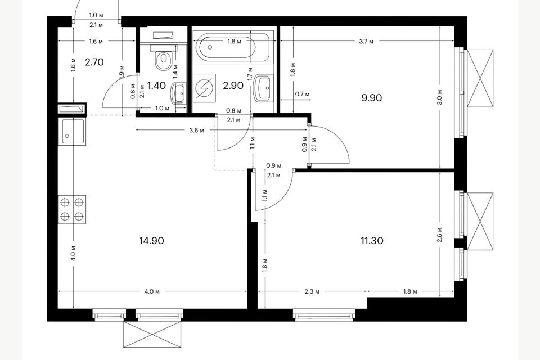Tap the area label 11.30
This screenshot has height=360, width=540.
[x=372, y=241]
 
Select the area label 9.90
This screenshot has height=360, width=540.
[x=372, y=97]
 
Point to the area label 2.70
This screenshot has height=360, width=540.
[x=94, y=62]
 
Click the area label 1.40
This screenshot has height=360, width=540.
[x=156, y=85]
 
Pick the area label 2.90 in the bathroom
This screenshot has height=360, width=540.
[x=233, y=85]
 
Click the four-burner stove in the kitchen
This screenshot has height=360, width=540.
[x=72, y=209]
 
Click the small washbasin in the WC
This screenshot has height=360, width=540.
[x=179, y=93]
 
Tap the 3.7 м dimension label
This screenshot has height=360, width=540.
[x=368, y=41]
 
